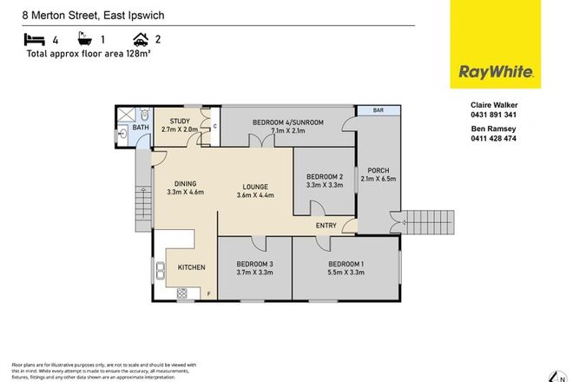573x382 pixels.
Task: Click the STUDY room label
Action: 180,122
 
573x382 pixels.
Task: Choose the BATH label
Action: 141,127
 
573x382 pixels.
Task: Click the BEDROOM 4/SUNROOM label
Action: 287,122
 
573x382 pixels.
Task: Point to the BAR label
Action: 378,111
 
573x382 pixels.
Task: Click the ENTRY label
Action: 326,226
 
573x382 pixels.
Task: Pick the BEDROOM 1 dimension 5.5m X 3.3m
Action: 346,273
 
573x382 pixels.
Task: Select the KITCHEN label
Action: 191,267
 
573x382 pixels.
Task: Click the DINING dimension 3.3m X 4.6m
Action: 185,193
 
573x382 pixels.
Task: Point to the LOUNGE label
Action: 254,186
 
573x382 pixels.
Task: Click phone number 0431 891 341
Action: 493,114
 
